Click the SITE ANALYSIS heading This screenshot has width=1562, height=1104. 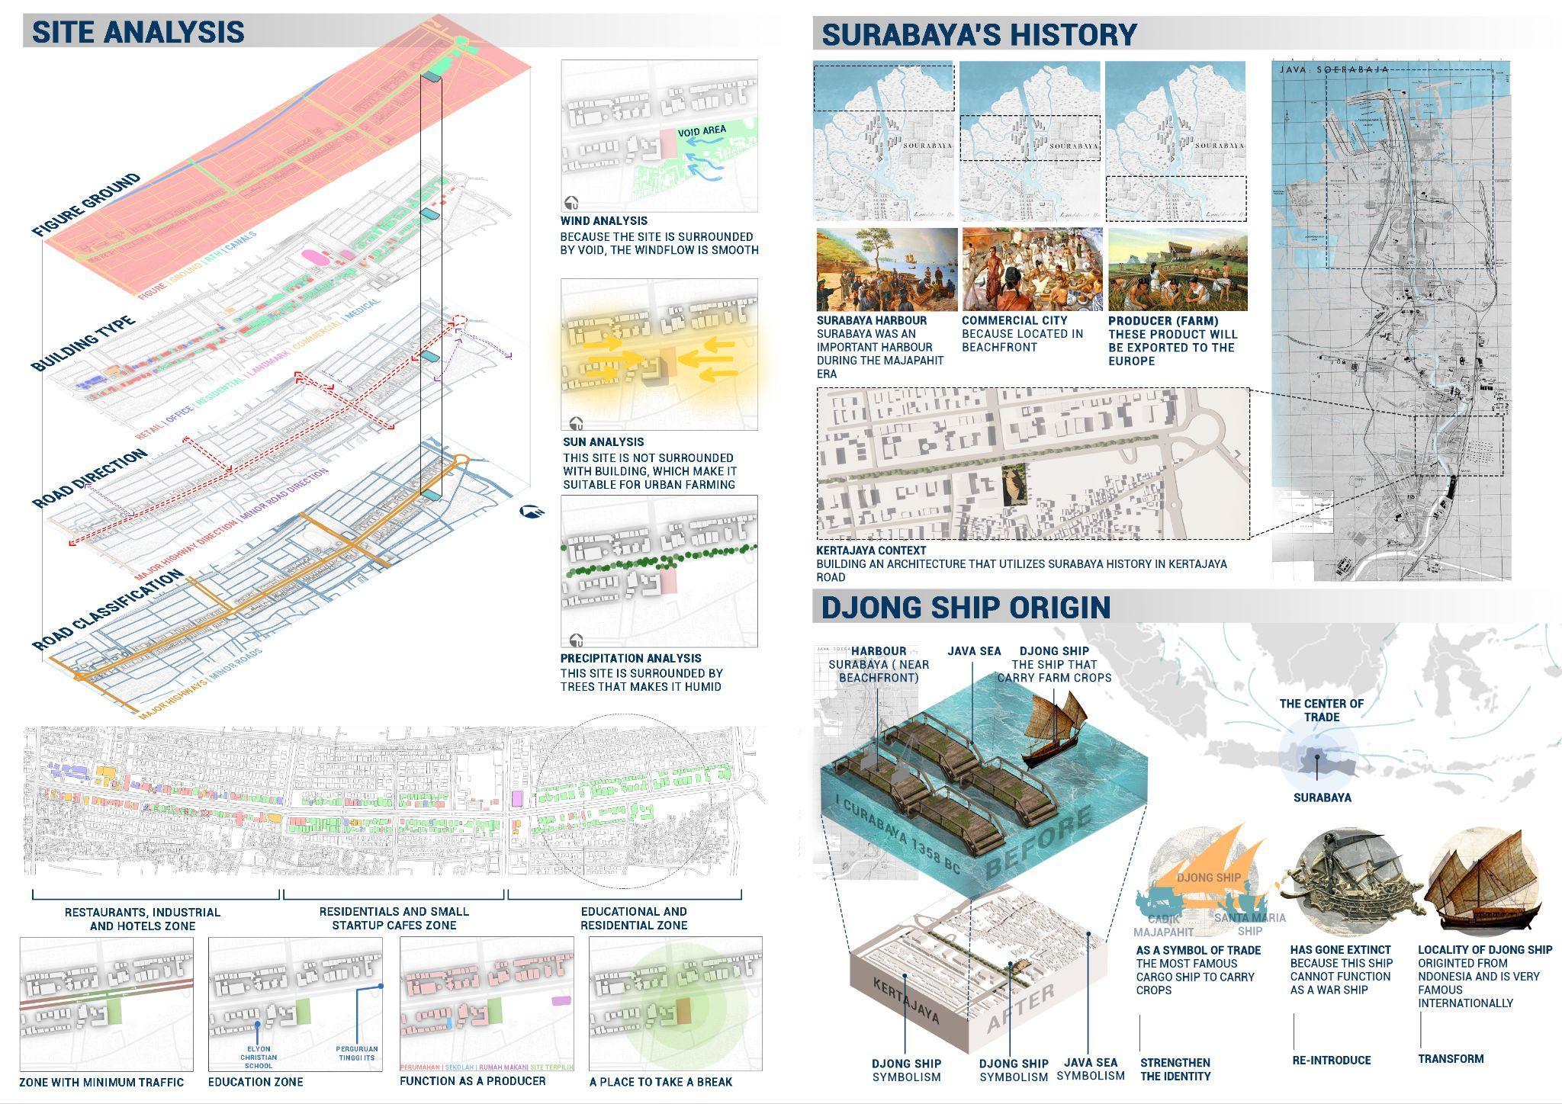click(138, 32)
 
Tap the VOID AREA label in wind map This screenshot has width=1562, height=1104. click(701, 131)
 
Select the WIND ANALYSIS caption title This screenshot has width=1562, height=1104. click(603, 221)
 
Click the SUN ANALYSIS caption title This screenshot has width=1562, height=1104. click(603, 441)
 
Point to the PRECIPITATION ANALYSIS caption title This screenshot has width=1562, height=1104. click(631, 658)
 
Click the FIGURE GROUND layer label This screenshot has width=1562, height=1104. click(86, 205)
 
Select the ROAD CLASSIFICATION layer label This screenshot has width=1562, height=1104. click(107, 611)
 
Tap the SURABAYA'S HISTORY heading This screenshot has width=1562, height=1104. click(979, 35)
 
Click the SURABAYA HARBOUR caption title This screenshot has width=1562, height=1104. click(871, 321)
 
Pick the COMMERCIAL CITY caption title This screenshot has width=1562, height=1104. click(1014, 321)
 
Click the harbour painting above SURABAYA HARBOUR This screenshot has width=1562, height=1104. click(886, 269)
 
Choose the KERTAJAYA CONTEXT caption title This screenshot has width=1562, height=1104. click(871, 550)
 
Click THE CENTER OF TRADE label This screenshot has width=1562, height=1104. click(1321, 710)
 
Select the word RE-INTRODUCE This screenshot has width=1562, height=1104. click(1331, 1060)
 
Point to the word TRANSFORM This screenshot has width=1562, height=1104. click(1451, 1059)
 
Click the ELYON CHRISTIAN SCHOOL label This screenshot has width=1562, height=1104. click(259, 1057)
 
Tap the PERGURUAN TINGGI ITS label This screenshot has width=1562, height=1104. click(356, 1053)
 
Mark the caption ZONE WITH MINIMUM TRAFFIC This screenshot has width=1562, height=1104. click(101, 1082)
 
